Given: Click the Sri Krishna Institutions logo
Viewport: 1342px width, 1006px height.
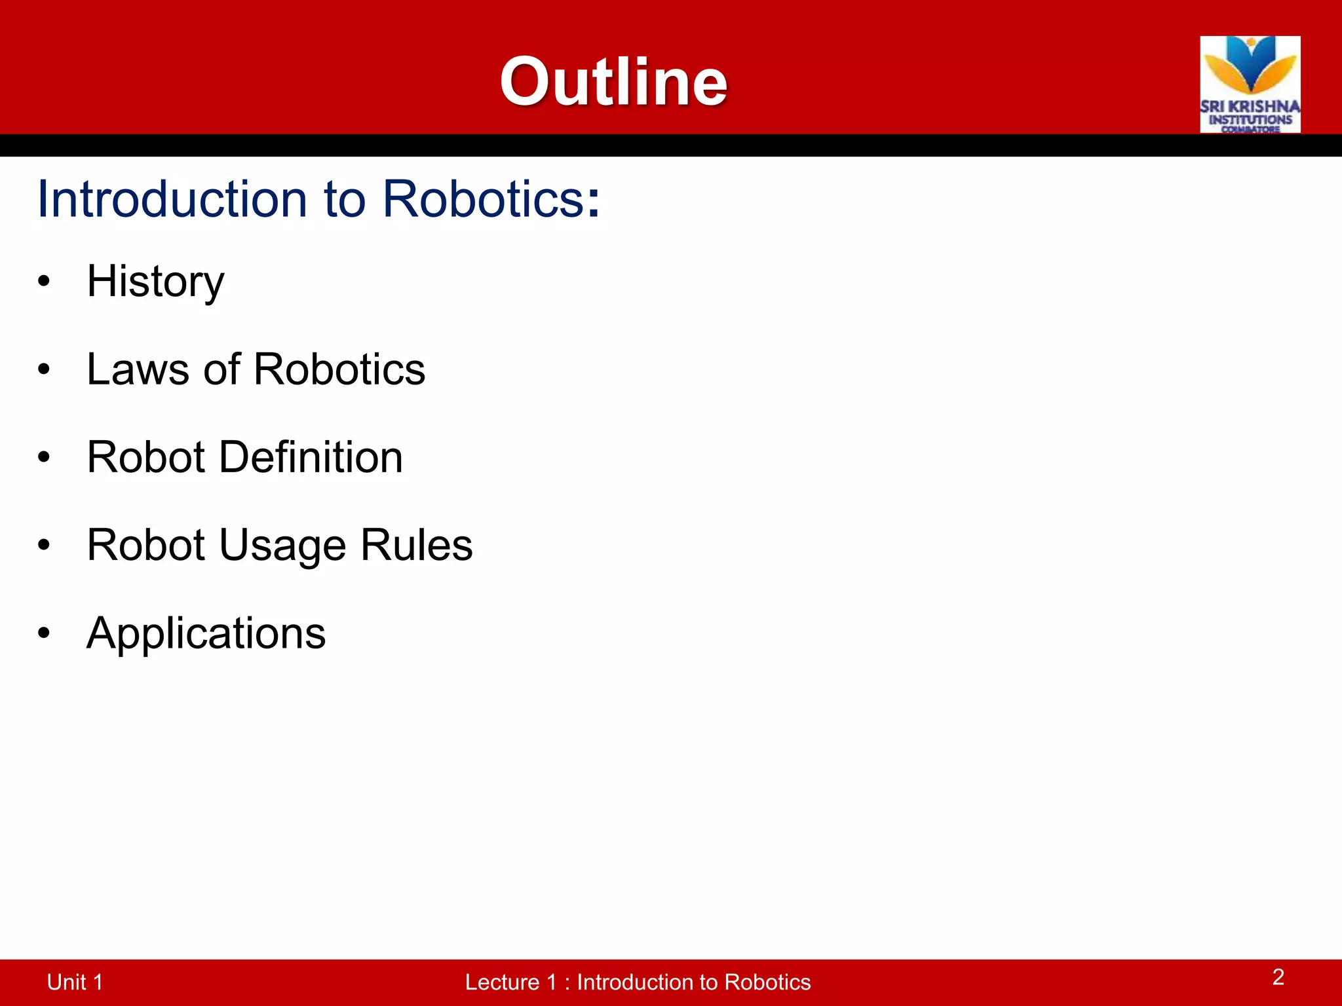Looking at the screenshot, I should coord(1250,84).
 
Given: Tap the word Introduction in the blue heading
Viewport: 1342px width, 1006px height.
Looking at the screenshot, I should coord(172,198).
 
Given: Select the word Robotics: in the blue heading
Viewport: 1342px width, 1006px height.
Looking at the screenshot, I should coord(491,198).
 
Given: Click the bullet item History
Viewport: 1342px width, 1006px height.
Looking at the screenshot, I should coord(155,282).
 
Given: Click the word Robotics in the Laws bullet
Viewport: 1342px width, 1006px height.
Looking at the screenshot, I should coord(339,369).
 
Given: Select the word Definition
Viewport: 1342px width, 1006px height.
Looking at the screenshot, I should coord(311,457).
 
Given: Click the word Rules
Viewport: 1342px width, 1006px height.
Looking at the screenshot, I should coord(416,545).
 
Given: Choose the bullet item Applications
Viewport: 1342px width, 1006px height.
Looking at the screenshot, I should coord(206,633).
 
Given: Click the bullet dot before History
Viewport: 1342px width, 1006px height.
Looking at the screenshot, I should coord(44,282).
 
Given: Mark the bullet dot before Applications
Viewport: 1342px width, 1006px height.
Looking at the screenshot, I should coord(44,633).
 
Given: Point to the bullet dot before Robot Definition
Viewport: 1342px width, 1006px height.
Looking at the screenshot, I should coord(44,457).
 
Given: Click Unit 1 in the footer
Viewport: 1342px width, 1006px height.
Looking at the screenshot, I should coord(75,982).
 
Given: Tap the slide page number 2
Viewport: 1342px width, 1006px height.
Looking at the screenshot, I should coord(1278,977).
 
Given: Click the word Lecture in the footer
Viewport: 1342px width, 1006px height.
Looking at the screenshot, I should coord(501,982).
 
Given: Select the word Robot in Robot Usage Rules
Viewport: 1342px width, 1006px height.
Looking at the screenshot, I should coord(146,545).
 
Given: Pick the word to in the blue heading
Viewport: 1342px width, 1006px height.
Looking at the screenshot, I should coord(345,198).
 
